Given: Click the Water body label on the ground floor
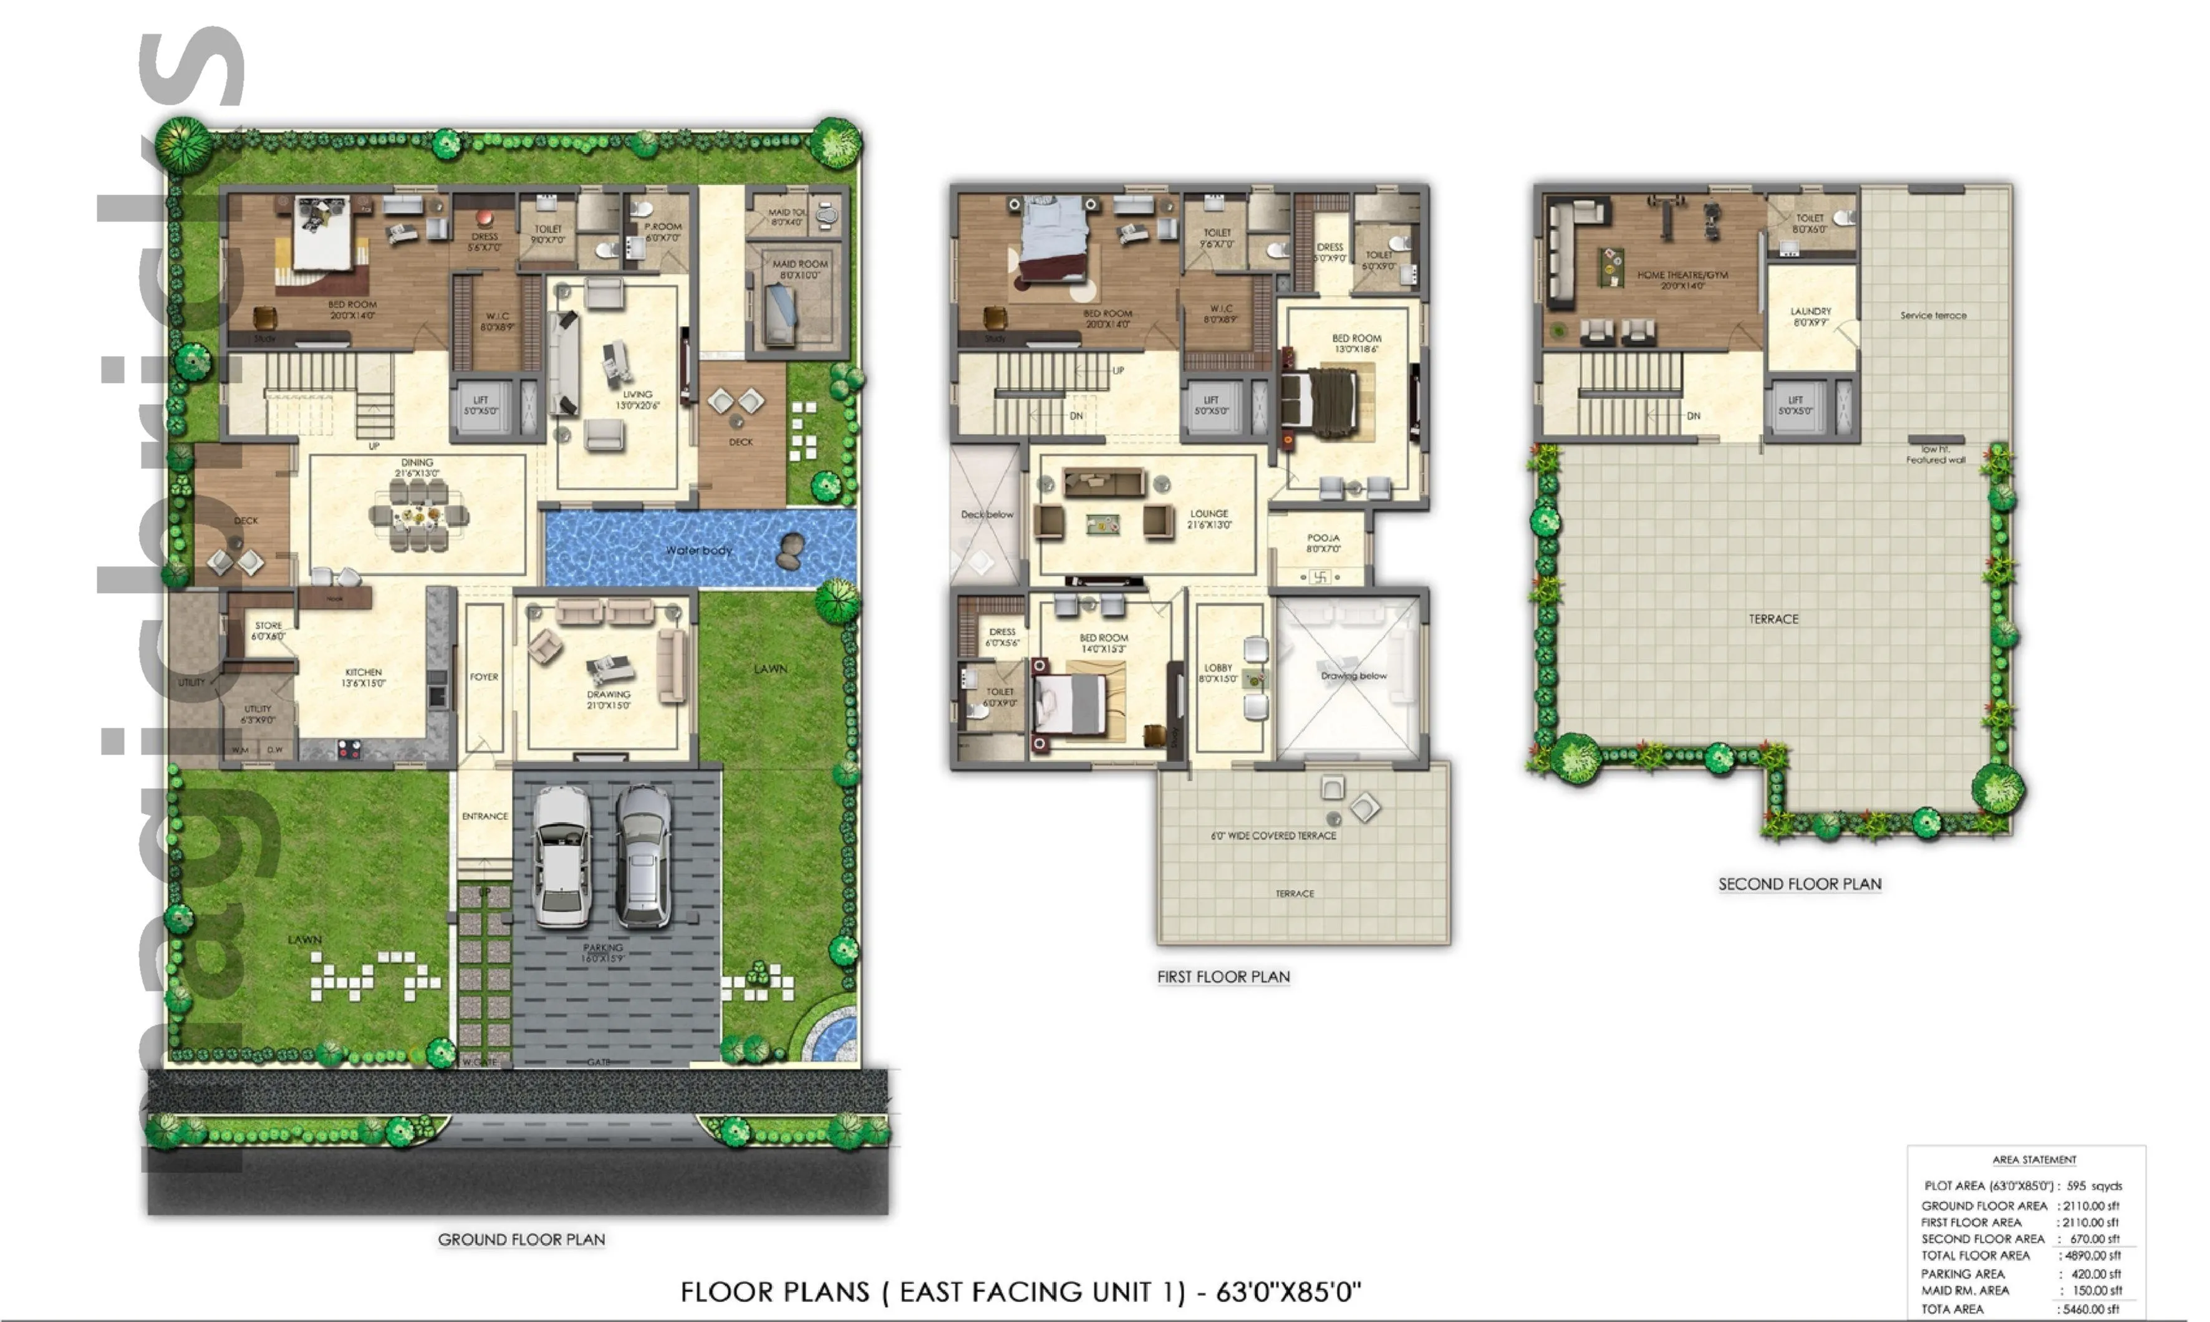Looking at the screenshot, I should click(699, 551).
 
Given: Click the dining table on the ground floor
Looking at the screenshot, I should click(418, 517).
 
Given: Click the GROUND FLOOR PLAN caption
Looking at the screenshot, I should click(521, 1239).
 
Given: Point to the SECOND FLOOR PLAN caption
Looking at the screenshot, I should click(1799, 884).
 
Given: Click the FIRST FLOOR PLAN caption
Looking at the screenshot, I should click(1223, 977).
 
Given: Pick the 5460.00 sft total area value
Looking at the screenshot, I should click(2090, 1309).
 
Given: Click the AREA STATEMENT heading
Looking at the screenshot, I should click(2034, 1160).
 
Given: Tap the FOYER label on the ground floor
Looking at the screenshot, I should click(484, 677).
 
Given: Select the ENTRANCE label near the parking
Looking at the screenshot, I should click(485, 816).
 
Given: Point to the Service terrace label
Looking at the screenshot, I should click(1933, 316).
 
